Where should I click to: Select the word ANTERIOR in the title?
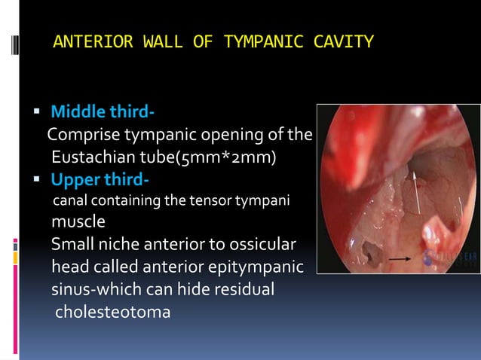90,42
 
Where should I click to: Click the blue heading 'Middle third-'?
103,114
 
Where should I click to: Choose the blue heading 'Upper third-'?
100,181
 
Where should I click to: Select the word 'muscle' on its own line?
78,224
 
